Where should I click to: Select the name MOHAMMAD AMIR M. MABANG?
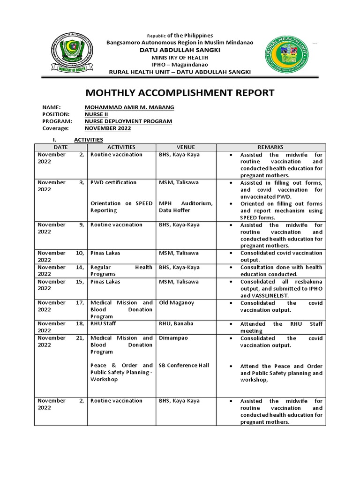(129, 107)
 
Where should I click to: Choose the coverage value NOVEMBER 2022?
(107, 128)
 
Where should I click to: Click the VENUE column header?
(186, 147)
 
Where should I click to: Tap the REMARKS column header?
(270, 147)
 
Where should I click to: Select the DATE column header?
(61, 147)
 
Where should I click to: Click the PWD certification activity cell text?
(113, 182)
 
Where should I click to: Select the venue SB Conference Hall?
(184, 366)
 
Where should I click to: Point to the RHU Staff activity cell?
(103, 324)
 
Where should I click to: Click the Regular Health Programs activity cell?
(121, 270)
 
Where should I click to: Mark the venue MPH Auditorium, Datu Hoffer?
(186, 207)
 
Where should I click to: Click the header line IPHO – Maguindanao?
(180, 64)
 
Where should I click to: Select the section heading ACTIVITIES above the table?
(89, 140)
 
